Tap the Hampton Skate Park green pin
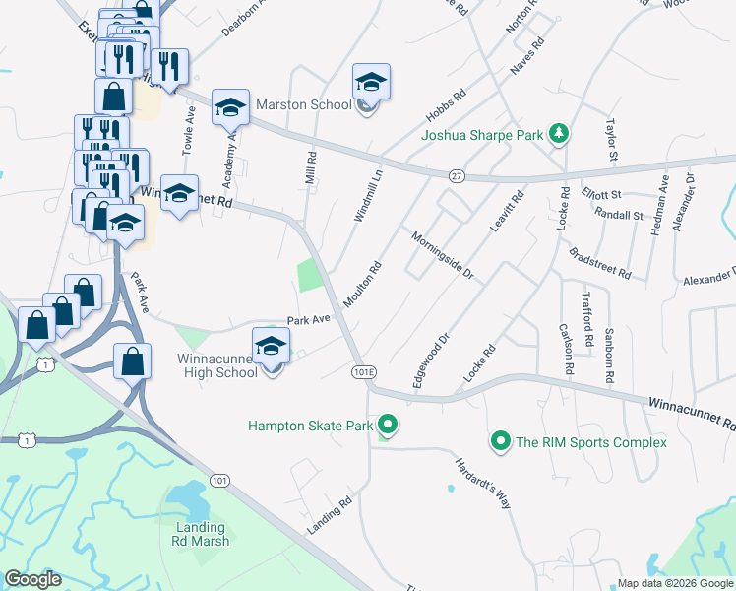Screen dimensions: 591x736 coord(388,426)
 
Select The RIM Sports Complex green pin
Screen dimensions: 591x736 coord(501,441)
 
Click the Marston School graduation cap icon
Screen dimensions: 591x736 coord(371,82)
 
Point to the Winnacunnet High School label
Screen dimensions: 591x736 coord(217,365)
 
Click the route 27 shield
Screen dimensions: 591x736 coord(456,174)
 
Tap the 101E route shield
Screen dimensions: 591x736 coord(363,371)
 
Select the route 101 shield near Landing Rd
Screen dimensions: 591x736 coord(219,480)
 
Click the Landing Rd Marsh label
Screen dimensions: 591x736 coord(203,534)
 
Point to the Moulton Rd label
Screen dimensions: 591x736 coord(362,283)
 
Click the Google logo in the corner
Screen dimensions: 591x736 coord(32,579)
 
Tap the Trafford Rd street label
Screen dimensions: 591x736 coord(587,320)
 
